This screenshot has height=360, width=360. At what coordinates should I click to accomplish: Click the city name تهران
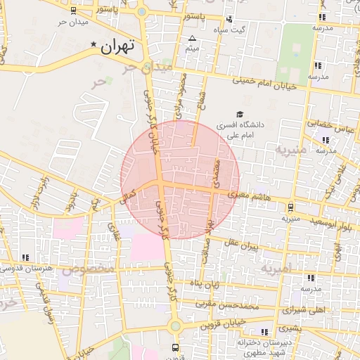click(117, 47)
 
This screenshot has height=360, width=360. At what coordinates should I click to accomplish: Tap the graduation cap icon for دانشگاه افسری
click(239, 114)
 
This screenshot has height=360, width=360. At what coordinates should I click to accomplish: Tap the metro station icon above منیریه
click(290, 207)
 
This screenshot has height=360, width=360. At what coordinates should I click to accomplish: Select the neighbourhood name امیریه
click(274, 269)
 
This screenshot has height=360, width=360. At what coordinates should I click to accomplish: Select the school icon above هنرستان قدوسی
click(26, 258)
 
